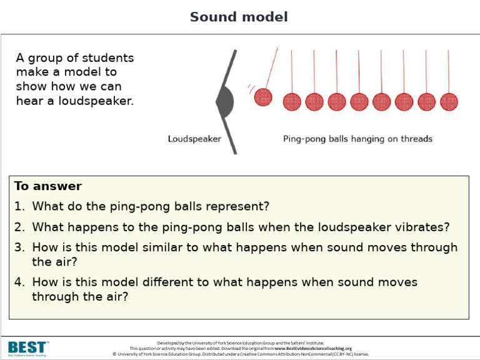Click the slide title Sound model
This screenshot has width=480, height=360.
[239, 17]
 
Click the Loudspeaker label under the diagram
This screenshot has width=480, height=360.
[194, 139]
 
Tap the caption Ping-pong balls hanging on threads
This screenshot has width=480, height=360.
[357, 139]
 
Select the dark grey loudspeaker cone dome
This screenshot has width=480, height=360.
[226, 101]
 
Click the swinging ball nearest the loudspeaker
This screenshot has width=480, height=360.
[264, 97]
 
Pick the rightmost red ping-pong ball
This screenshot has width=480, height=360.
[449, 101]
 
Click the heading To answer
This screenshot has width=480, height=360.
[48, 186]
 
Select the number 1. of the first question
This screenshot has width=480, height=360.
[20, 206]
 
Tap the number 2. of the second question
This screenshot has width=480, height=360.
[20, 227]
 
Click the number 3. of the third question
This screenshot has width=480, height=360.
[20, 247]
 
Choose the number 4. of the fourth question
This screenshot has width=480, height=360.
[20, 282]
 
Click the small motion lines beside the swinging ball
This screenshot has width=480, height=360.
[250, 87]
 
